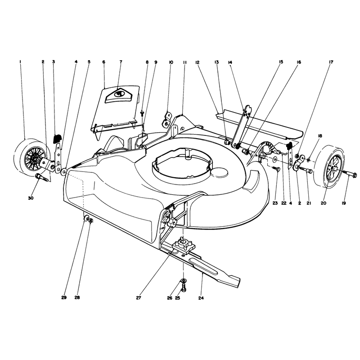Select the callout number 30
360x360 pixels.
pyautogui.click(x=31, y=198)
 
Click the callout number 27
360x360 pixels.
pyautogui.click(x=138, y=298)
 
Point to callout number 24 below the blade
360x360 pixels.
pyautogui.click(x=201, y=298)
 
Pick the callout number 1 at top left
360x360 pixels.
pyautogui.click(x=20, y=62)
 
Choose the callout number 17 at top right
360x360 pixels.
pyautogui.click(x=331, y=62)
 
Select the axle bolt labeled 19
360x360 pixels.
pyautogui.click(x=350, y=175)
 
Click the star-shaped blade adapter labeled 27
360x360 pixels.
pyautogui.click(x=184, y=246)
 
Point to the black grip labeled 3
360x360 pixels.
pyautogui.click(x=57, y=139)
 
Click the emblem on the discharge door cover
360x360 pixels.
pyautogui.click(x=118, y=94)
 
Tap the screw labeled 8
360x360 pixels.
pyautogui.click(x=142, y=113)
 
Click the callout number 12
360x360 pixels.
pyautogui.click(x=197, y=62)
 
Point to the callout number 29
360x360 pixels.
pyautogui.click(x=64, y=297)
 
